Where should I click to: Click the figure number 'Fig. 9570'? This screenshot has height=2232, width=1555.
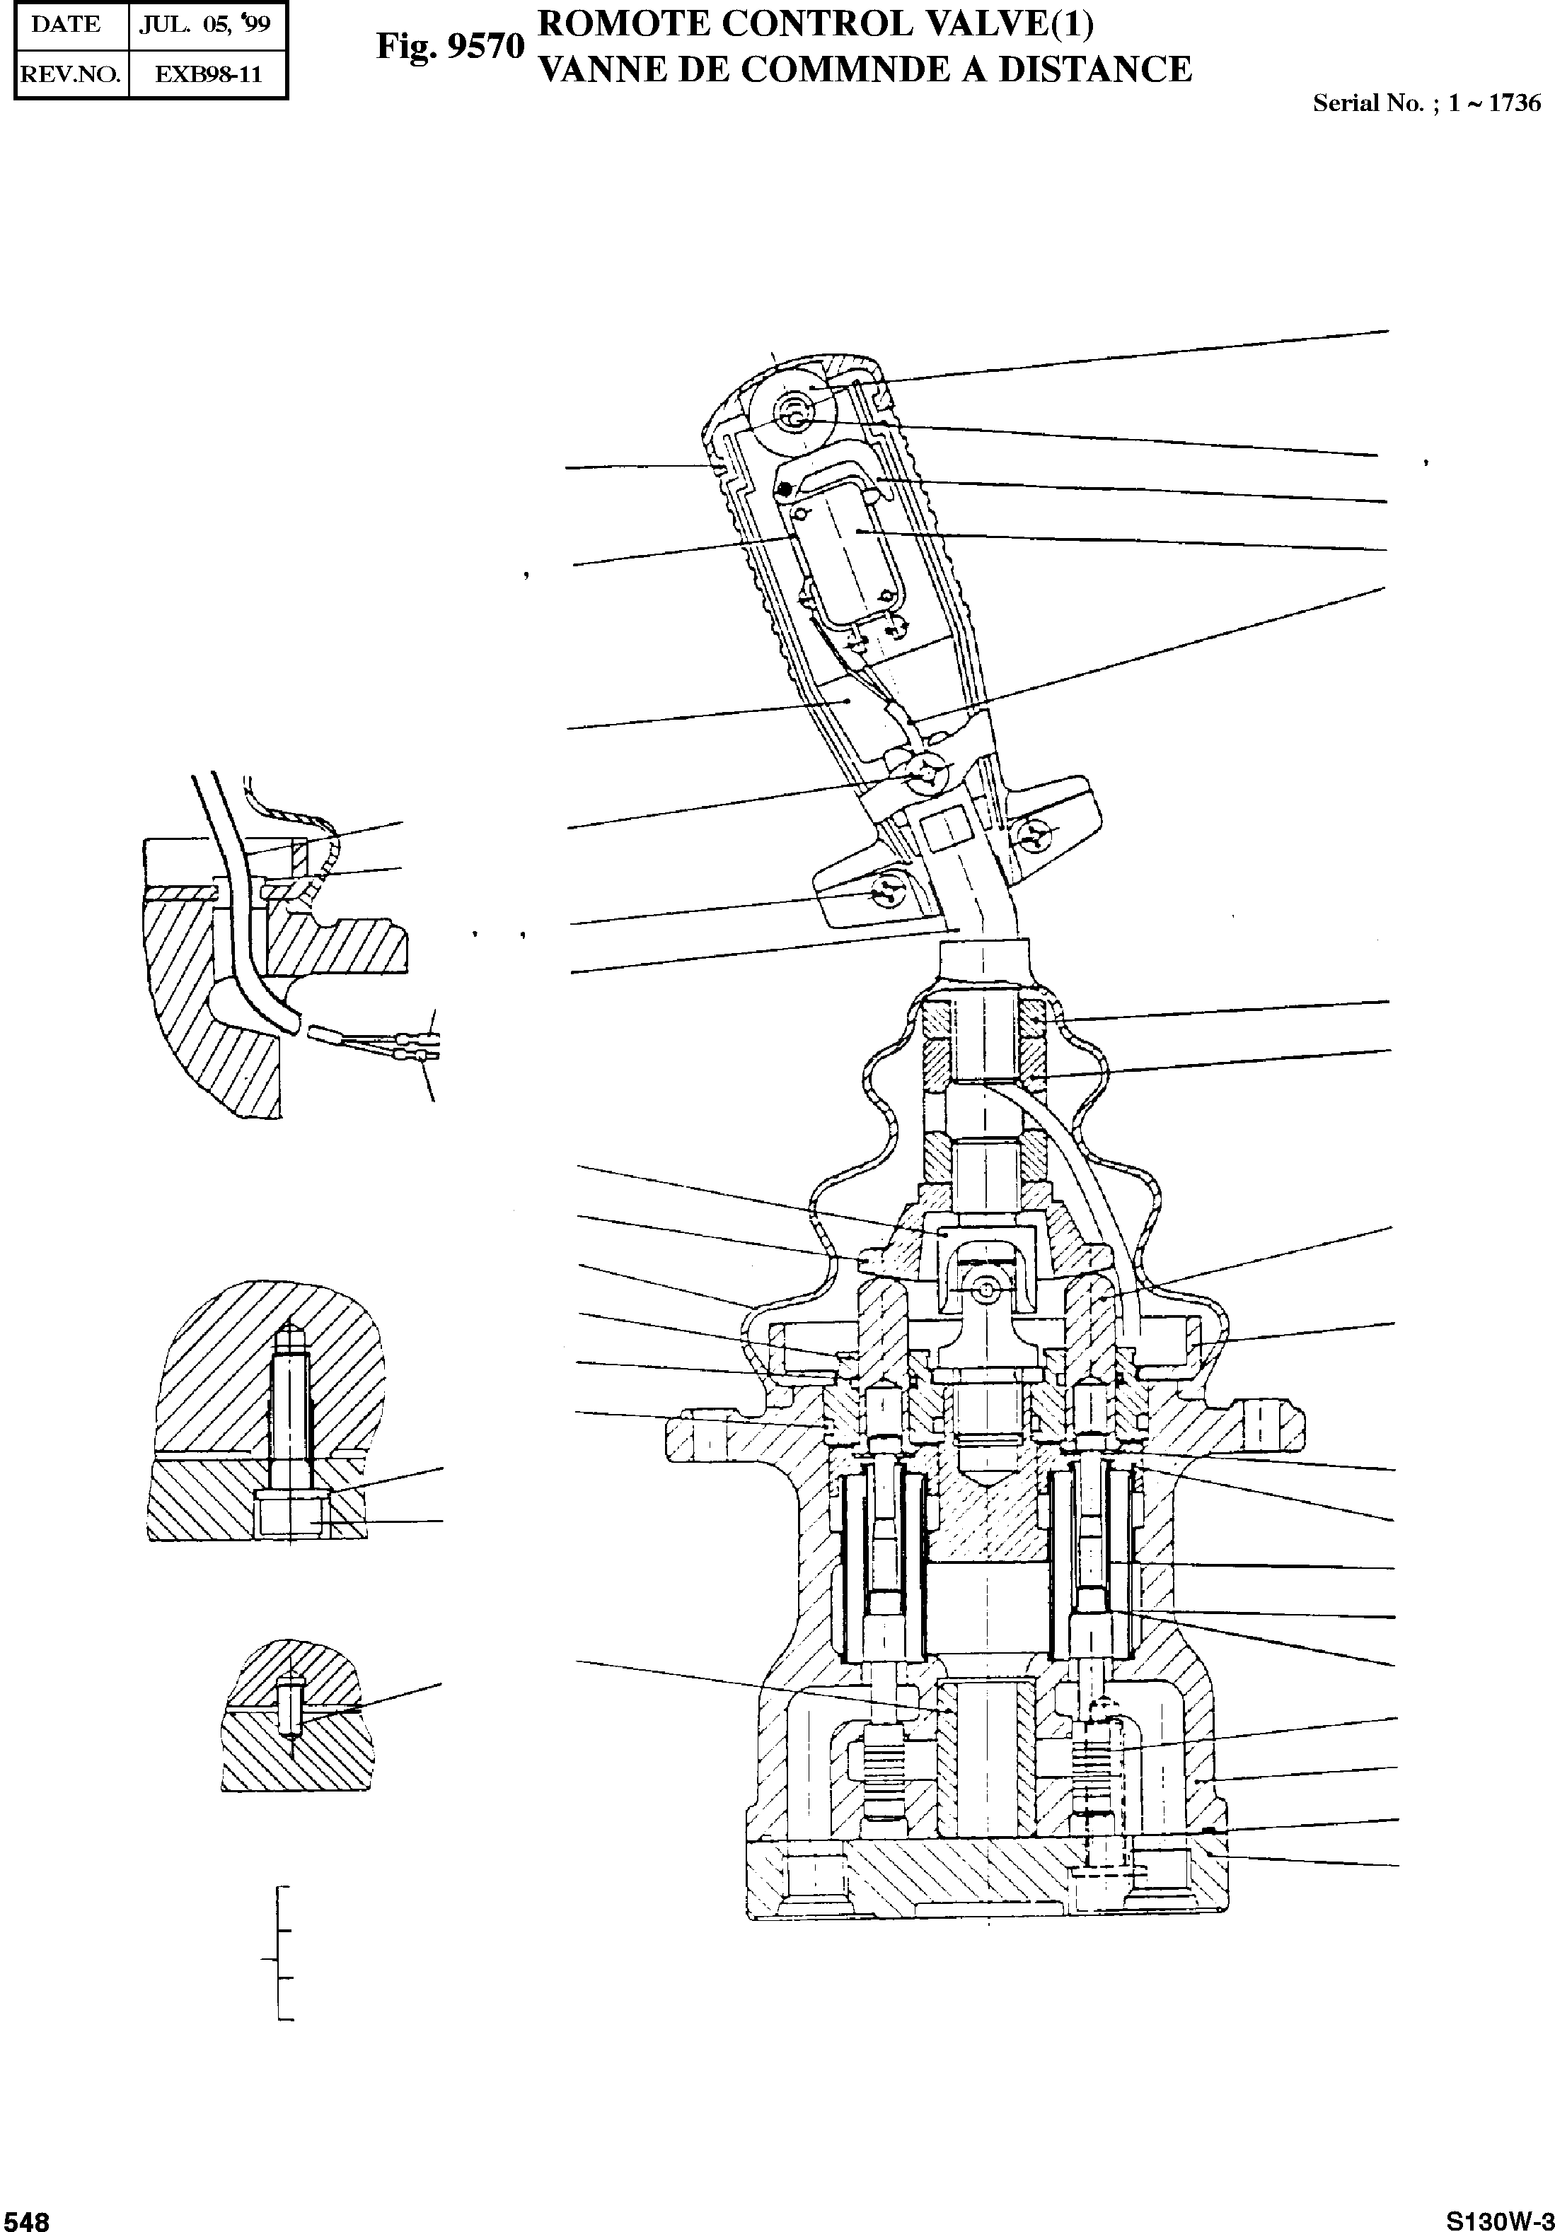tap(450, 46)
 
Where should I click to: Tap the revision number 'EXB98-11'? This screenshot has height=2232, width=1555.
tap(208, 74)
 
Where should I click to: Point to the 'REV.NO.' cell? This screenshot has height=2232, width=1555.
tap(69, 74)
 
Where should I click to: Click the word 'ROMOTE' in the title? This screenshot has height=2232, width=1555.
tap(624, 23)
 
